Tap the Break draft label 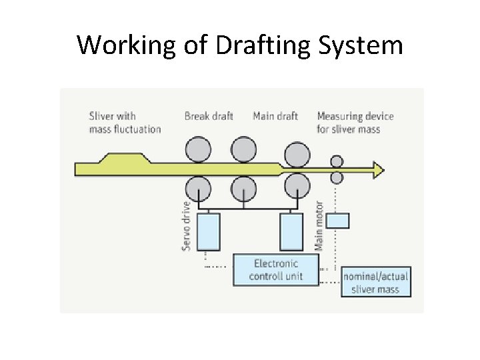click(x=209, y=116)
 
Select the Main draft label click(x=275, y=116)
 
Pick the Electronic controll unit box click(x=275, y=269)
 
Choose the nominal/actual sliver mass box click(x=375, y=283)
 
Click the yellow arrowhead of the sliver click(x=379, y=170)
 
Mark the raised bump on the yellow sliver click(x=123, y=159)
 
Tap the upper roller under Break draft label click(x=198, y=149)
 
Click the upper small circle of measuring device click(x=337, y=161)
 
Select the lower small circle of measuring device click(x=337, y=177)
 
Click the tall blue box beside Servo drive click(x=209, y=231)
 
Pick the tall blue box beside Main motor click(x=291, y=231)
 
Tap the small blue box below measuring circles click(x=338, y=220)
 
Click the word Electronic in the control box click(x=275, y=263)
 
